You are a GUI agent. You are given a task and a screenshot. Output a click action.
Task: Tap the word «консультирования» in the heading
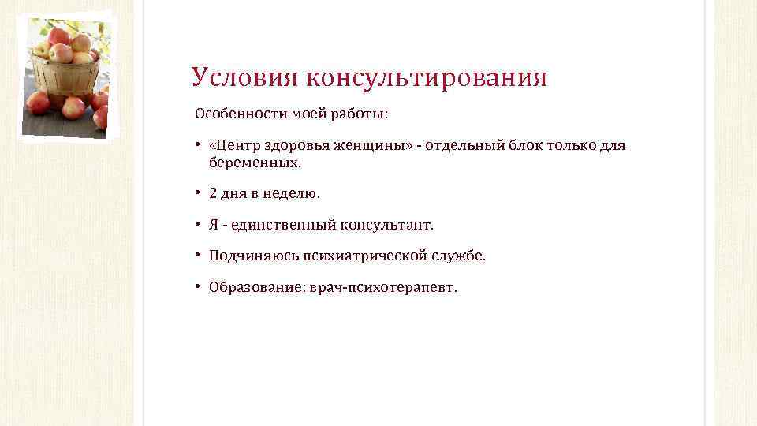[x=426, y=77]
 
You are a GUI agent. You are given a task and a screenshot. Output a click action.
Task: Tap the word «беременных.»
[x=255, y=163]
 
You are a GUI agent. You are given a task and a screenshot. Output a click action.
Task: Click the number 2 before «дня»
[x=213, y=193]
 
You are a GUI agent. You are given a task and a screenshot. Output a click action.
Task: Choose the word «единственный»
[x=282, y=225]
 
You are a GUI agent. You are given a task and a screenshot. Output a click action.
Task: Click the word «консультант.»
[x=386, y=225]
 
